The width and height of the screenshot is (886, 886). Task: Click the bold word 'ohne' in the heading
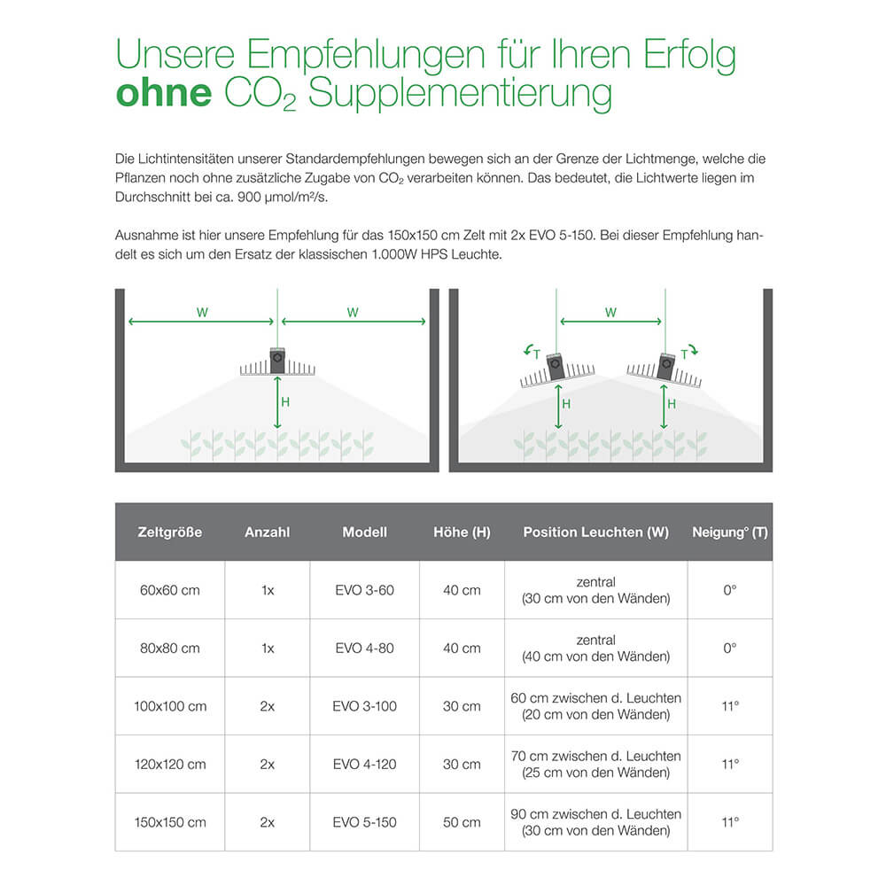tap(163, 94)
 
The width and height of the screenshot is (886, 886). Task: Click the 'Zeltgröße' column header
tap(170, 532)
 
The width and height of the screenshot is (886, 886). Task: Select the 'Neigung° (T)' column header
tap(729, 532)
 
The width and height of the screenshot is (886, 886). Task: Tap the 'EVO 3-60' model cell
tap(364, 590)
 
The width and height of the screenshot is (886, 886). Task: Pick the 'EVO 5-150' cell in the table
tap(364, 822)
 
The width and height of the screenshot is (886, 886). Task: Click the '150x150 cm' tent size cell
tap(170, 822)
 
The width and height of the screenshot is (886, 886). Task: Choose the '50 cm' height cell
tap(462, 822)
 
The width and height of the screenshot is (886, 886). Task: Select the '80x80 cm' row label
tap(170, 648)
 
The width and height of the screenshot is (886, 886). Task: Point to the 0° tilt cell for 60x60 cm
tap(729, 590)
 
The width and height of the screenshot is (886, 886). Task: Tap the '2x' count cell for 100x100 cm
tap(268, 706)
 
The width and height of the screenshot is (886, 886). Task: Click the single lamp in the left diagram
tap(277, 363)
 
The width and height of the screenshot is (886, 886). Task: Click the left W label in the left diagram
tap(202, 313)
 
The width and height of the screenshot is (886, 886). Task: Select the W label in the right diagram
tap(610, 313)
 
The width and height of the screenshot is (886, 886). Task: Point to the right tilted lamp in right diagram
tap(664, 371)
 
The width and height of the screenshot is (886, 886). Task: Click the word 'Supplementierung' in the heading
tap(460, 94)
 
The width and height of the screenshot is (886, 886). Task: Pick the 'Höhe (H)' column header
tap(462, 532)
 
